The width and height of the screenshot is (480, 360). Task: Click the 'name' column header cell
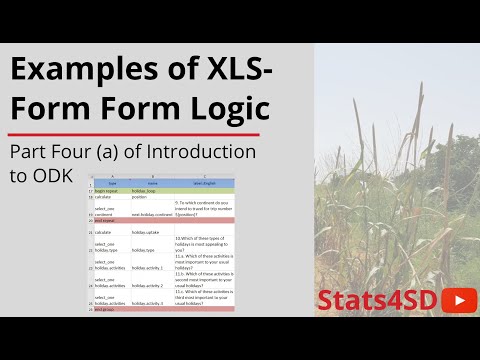(151, 184)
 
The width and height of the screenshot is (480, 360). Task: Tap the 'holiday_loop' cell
(151, 190)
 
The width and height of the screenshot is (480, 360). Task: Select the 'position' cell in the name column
(147, 197)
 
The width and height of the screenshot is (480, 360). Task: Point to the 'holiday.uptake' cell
(149, 231)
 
